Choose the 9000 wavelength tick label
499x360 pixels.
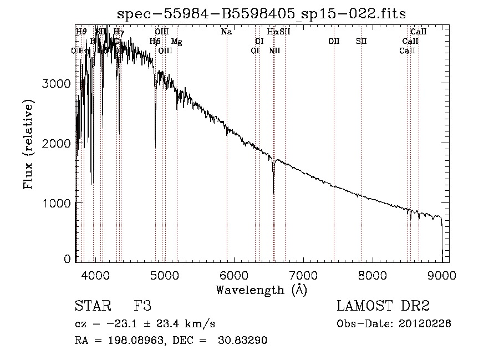tap(442, 275)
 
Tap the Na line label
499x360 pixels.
tap(226, 32)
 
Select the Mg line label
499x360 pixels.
tap(176, 42)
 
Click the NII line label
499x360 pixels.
tap(274, 50)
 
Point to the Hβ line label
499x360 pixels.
tap(155, 42)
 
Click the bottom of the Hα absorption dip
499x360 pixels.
tap(273, 192)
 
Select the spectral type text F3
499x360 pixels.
tap(142, 306)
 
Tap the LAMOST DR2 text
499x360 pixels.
tap(383, 306)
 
